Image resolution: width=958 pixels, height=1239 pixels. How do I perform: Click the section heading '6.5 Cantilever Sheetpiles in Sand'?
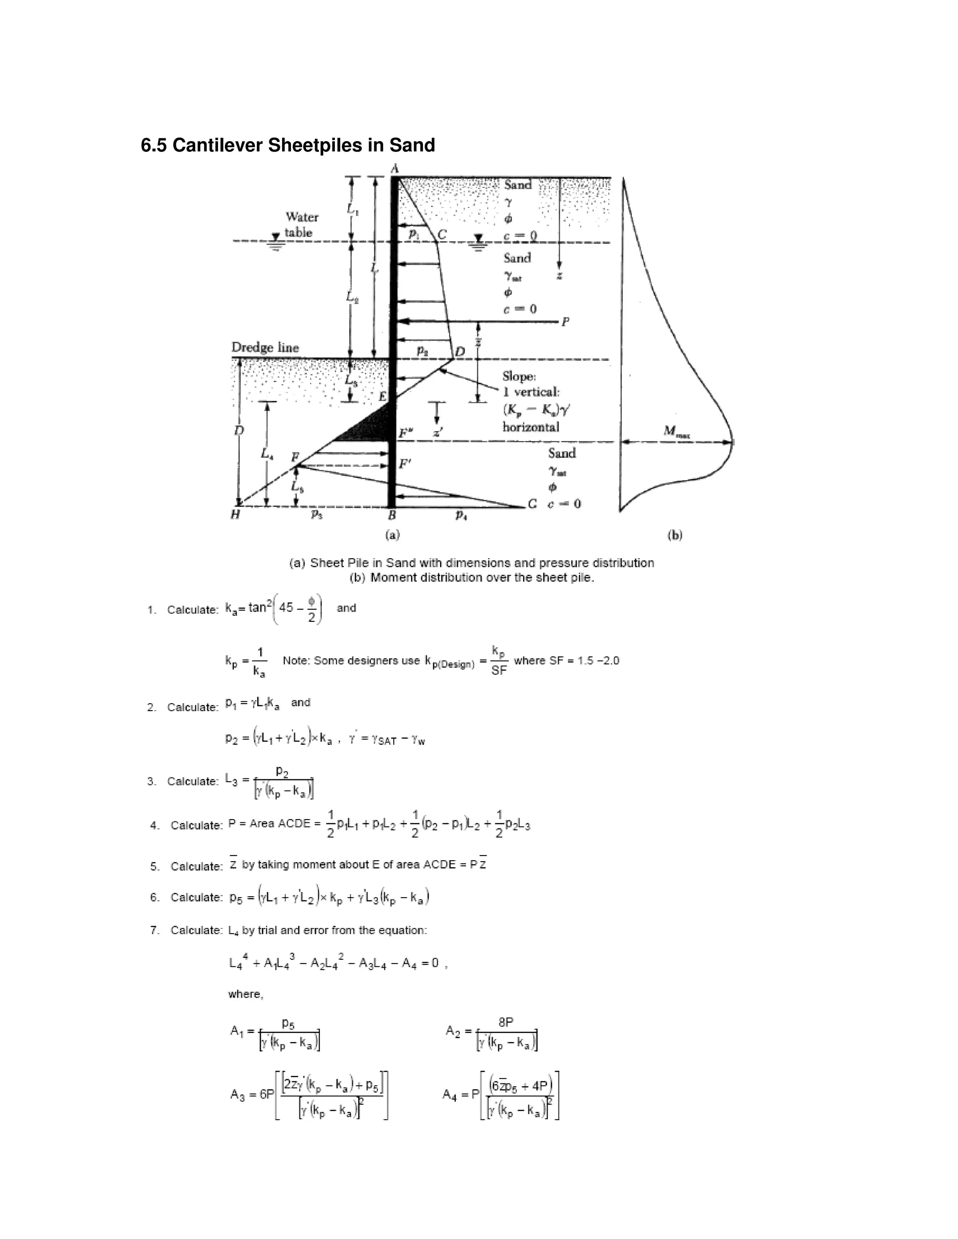click(x=288, y=146)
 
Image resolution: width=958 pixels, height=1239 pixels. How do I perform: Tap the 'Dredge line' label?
click(x=265, y=348)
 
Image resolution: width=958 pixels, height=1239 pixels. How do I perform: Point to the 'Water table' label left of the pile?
click(x=301, y=224)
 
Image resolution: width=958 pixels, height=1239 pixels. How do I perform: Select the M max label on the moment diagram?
click(x=677, y=432)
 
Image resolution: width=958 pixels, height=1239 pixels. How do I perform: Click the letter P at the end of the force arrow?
click(x=565, y=322)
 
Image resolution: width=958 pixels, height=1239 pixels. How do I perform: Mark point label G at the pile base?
click(x=532, y=504)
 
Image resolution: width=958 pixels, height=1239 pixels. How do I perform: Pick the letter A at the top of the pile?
click(x=395, y=168)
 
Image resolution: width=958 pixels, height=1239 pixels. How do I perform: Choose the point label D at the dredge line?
click(x=460, y=352)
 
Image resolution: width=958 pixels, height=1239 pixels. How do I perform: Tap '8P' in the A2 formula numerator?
click(x=506, y=1022)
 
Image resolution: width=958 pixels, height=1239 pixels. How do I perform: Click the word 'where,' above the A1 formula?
click(x=246, y=994)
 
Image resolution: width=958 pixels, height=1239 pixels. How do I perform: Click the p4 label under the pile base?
click(x=461, y=515)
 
